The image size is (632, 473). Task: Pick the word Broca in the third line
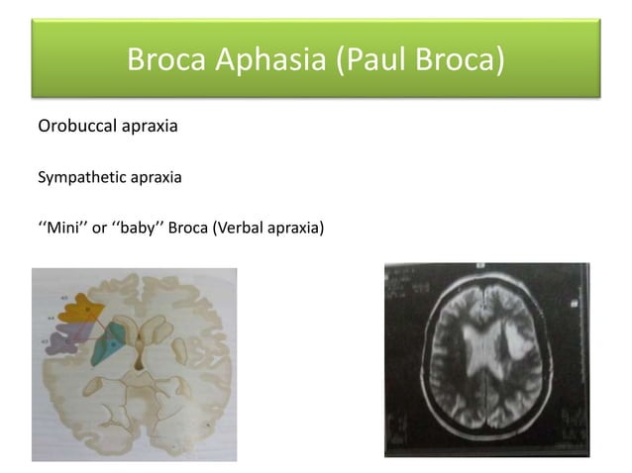pos(188,232)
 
